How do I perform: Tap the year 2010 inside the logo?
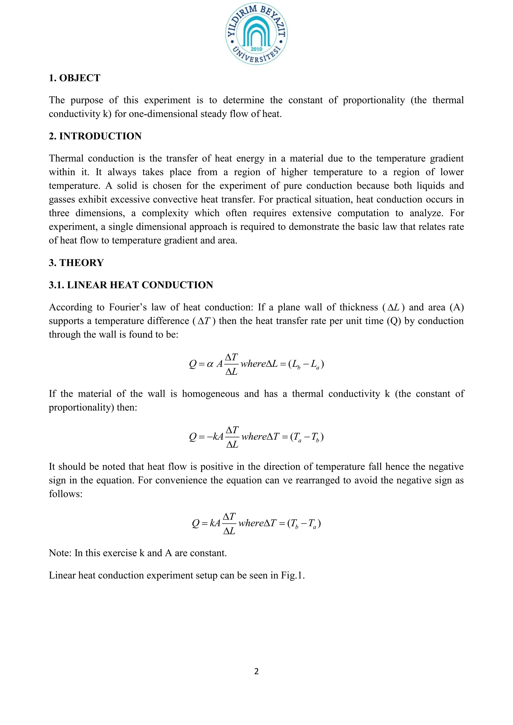256,49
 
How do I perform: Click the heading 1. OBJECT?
75,78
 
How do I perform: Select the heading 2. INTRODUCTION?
95,136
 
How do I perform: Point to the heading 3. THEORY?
76,263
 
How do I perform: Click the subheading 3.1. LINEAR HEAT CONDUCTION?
131,285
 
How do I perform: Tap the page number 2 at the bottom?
256,671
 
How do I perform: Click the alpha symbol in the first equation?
210,364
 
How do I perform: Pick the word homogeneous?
210,394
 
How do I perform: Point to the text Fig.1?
293,575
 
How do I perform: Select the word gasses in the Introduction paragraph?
62,200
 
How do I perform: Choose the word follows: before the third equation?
65,494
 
